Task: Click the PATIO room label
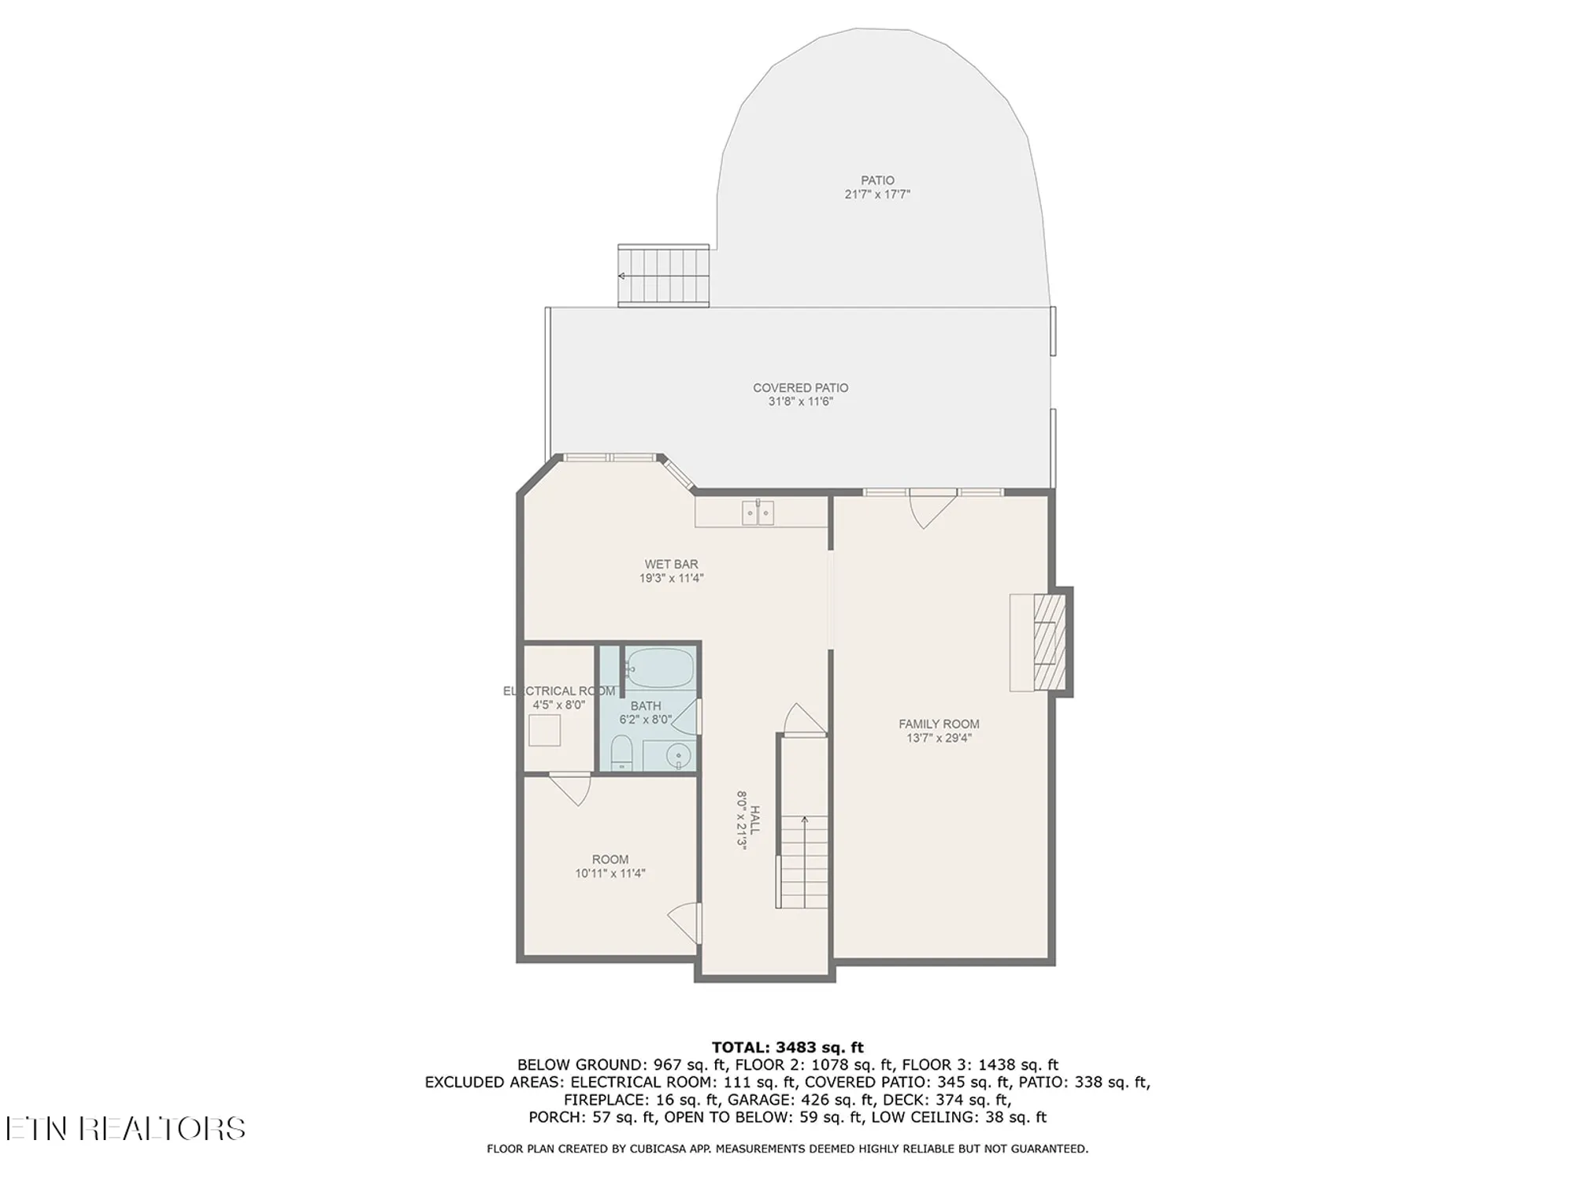(x=877, y=180)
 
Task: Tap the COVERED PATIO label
(x=800, y=387)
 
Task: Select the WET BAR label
(x=671, y=564)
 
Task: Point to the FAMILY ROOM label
(x=939, y=724)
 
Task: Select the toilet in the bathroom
(x=621, y=753)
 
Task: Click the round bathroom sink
(x=677, y=757)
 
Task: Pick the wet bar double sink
(x=758, y=513)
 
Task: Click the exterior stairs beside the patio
(x=664, y=276)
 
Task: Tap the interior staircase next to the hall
(x=803, y=858)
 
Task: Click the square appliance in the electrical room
(x=544, y=731)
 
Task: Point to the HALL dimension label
(x=741, y=819)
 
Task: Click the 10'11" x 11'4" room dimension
(x=610, y=873)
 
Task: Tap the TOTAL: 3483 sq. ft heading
(x=787, y=1047)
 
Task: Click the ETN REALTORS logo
(x=125, y=1128)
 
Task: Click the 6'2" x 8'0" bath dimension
(x=646, y=719)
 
